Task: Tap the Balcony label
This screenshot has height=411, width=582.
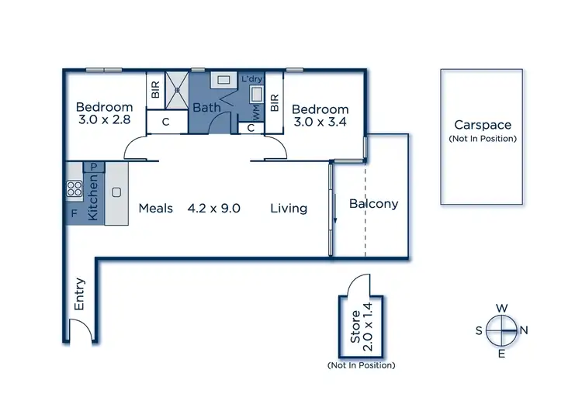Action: (373, 204)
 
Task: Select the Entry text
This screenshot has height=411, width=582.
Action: (79, 295)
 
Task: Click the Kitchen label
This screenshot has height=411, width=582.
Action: (92, 199)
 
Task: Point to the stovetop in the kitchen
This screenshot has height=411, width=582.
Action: (74, 188)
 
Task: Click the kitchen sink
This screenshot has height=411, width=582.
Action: (116, 192)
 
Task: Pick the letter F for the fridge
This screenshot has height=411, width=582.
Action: (74, 212)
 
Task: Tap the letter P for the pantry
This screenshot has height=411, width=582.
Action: (94, 167)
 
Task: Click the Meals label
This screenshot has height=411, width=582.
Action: (156, 208)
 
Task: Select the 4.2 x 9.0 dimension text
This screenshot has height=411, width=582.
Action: (214, 208)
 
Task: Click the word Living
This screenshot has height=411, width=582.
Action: (289, 208)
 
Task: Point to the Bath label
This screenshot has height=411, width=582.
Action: (206, 108)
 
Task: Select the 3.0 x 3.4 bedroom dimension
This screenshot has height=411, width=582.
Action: (320, 122)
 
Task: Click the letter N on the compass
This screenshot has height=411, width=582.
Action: (523, 330)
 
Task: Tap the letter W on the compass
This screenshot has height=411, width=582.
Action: (502, 307)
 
